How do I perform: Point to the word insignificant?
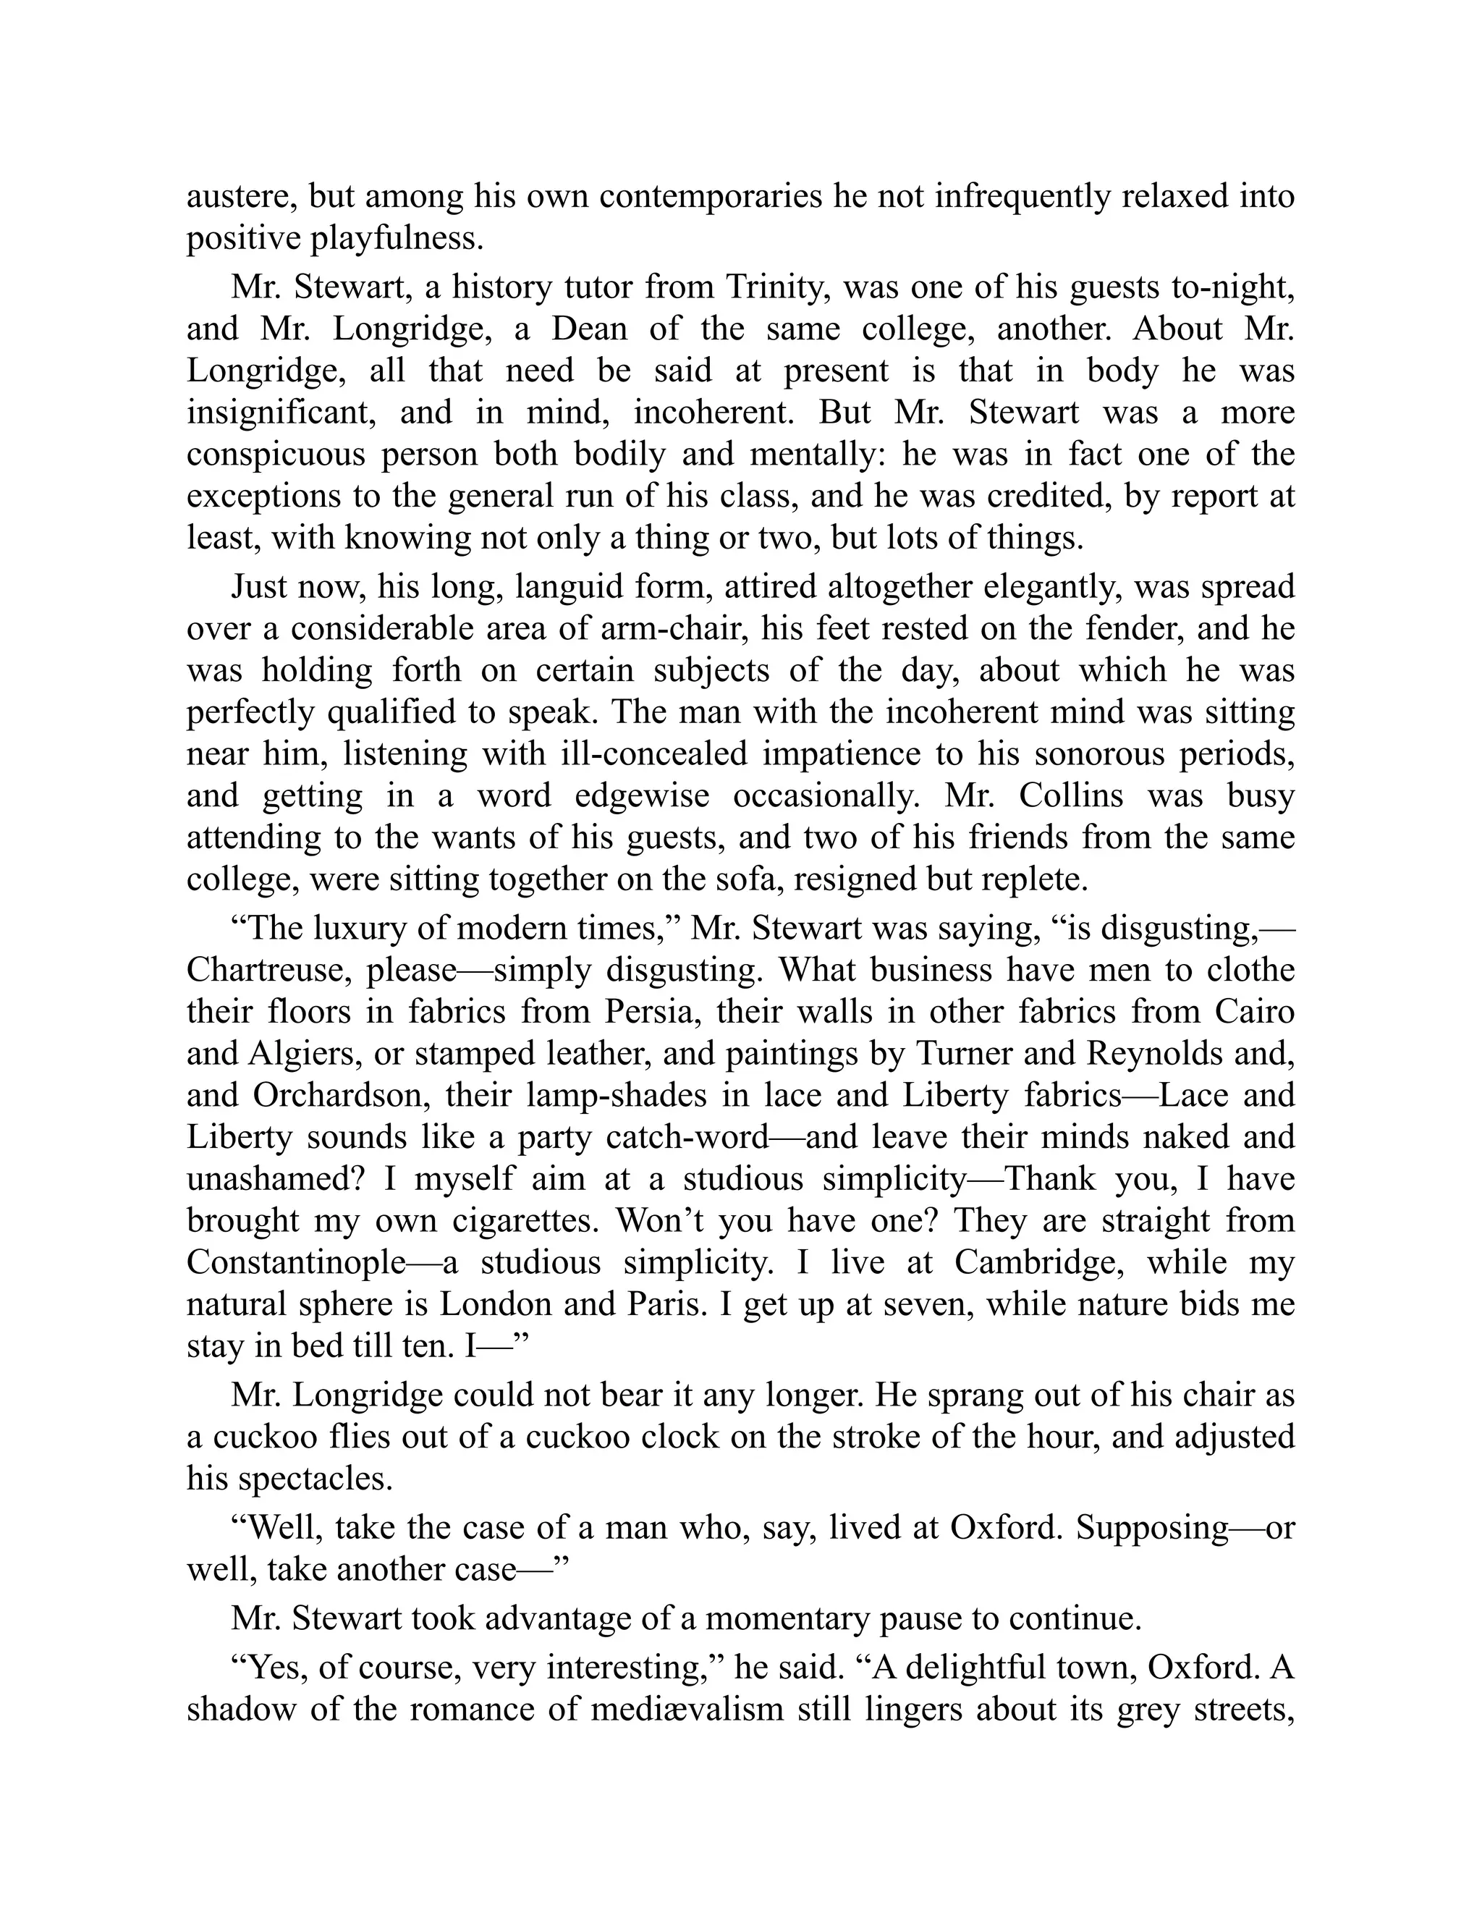click(281, 412)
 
